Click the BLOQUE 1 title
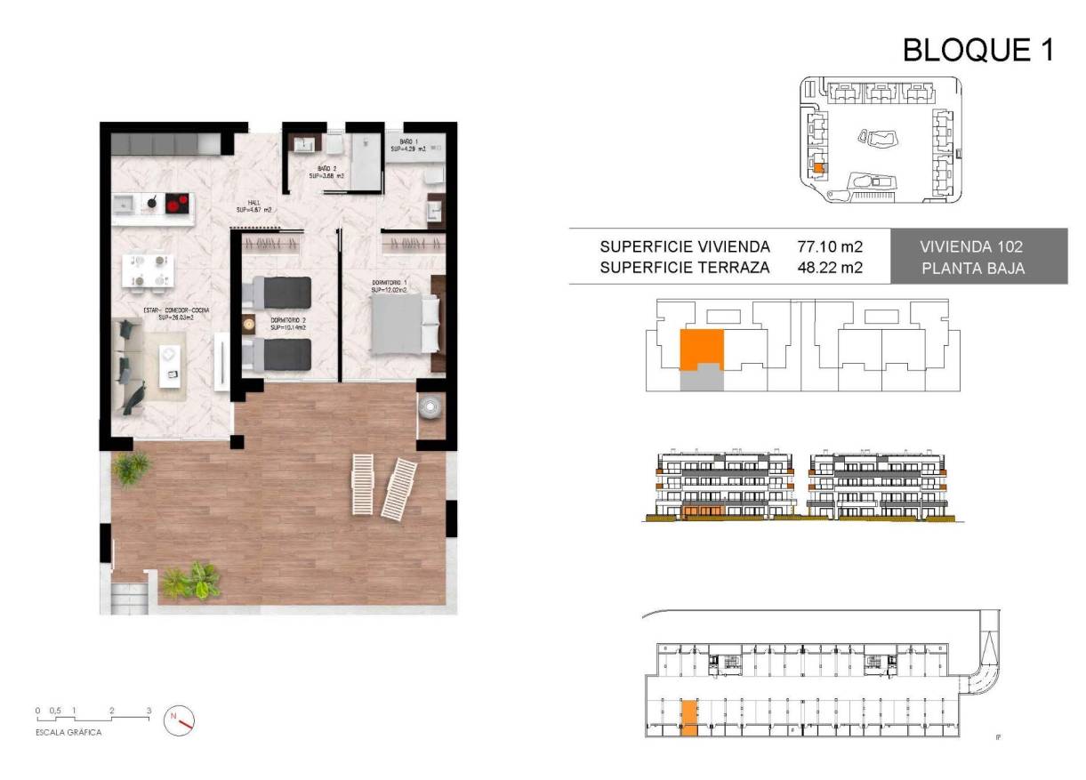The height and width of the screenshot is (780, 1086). pyautogui.click(x=977, y=51)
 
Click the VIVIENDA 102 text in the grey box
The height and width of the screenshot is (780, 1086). pyautogui.click(x=978, y=246)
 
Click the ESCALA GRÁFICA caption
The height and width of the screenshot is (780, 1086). pyautogui.click(x=68, y=733)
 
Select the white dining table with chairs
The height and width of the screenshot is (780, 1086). pyautogui.click(x=149, y=270)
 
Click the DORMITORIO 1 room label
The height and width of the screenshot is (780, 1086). pyautogui.click(x=390, y=285)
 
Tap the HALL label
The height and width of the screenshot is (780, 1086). pyautogui.click(x=253, y=206)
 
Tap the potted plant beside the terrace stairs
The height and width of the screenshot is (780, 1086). pyautogui.click(x=191, y=581)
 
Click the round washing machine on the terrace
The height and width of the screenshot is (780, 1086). pyautogui.click(x=431, y=406)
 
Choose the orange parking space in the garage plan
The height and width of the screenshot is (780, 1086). pyautogui.click(x=689, y=718)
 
